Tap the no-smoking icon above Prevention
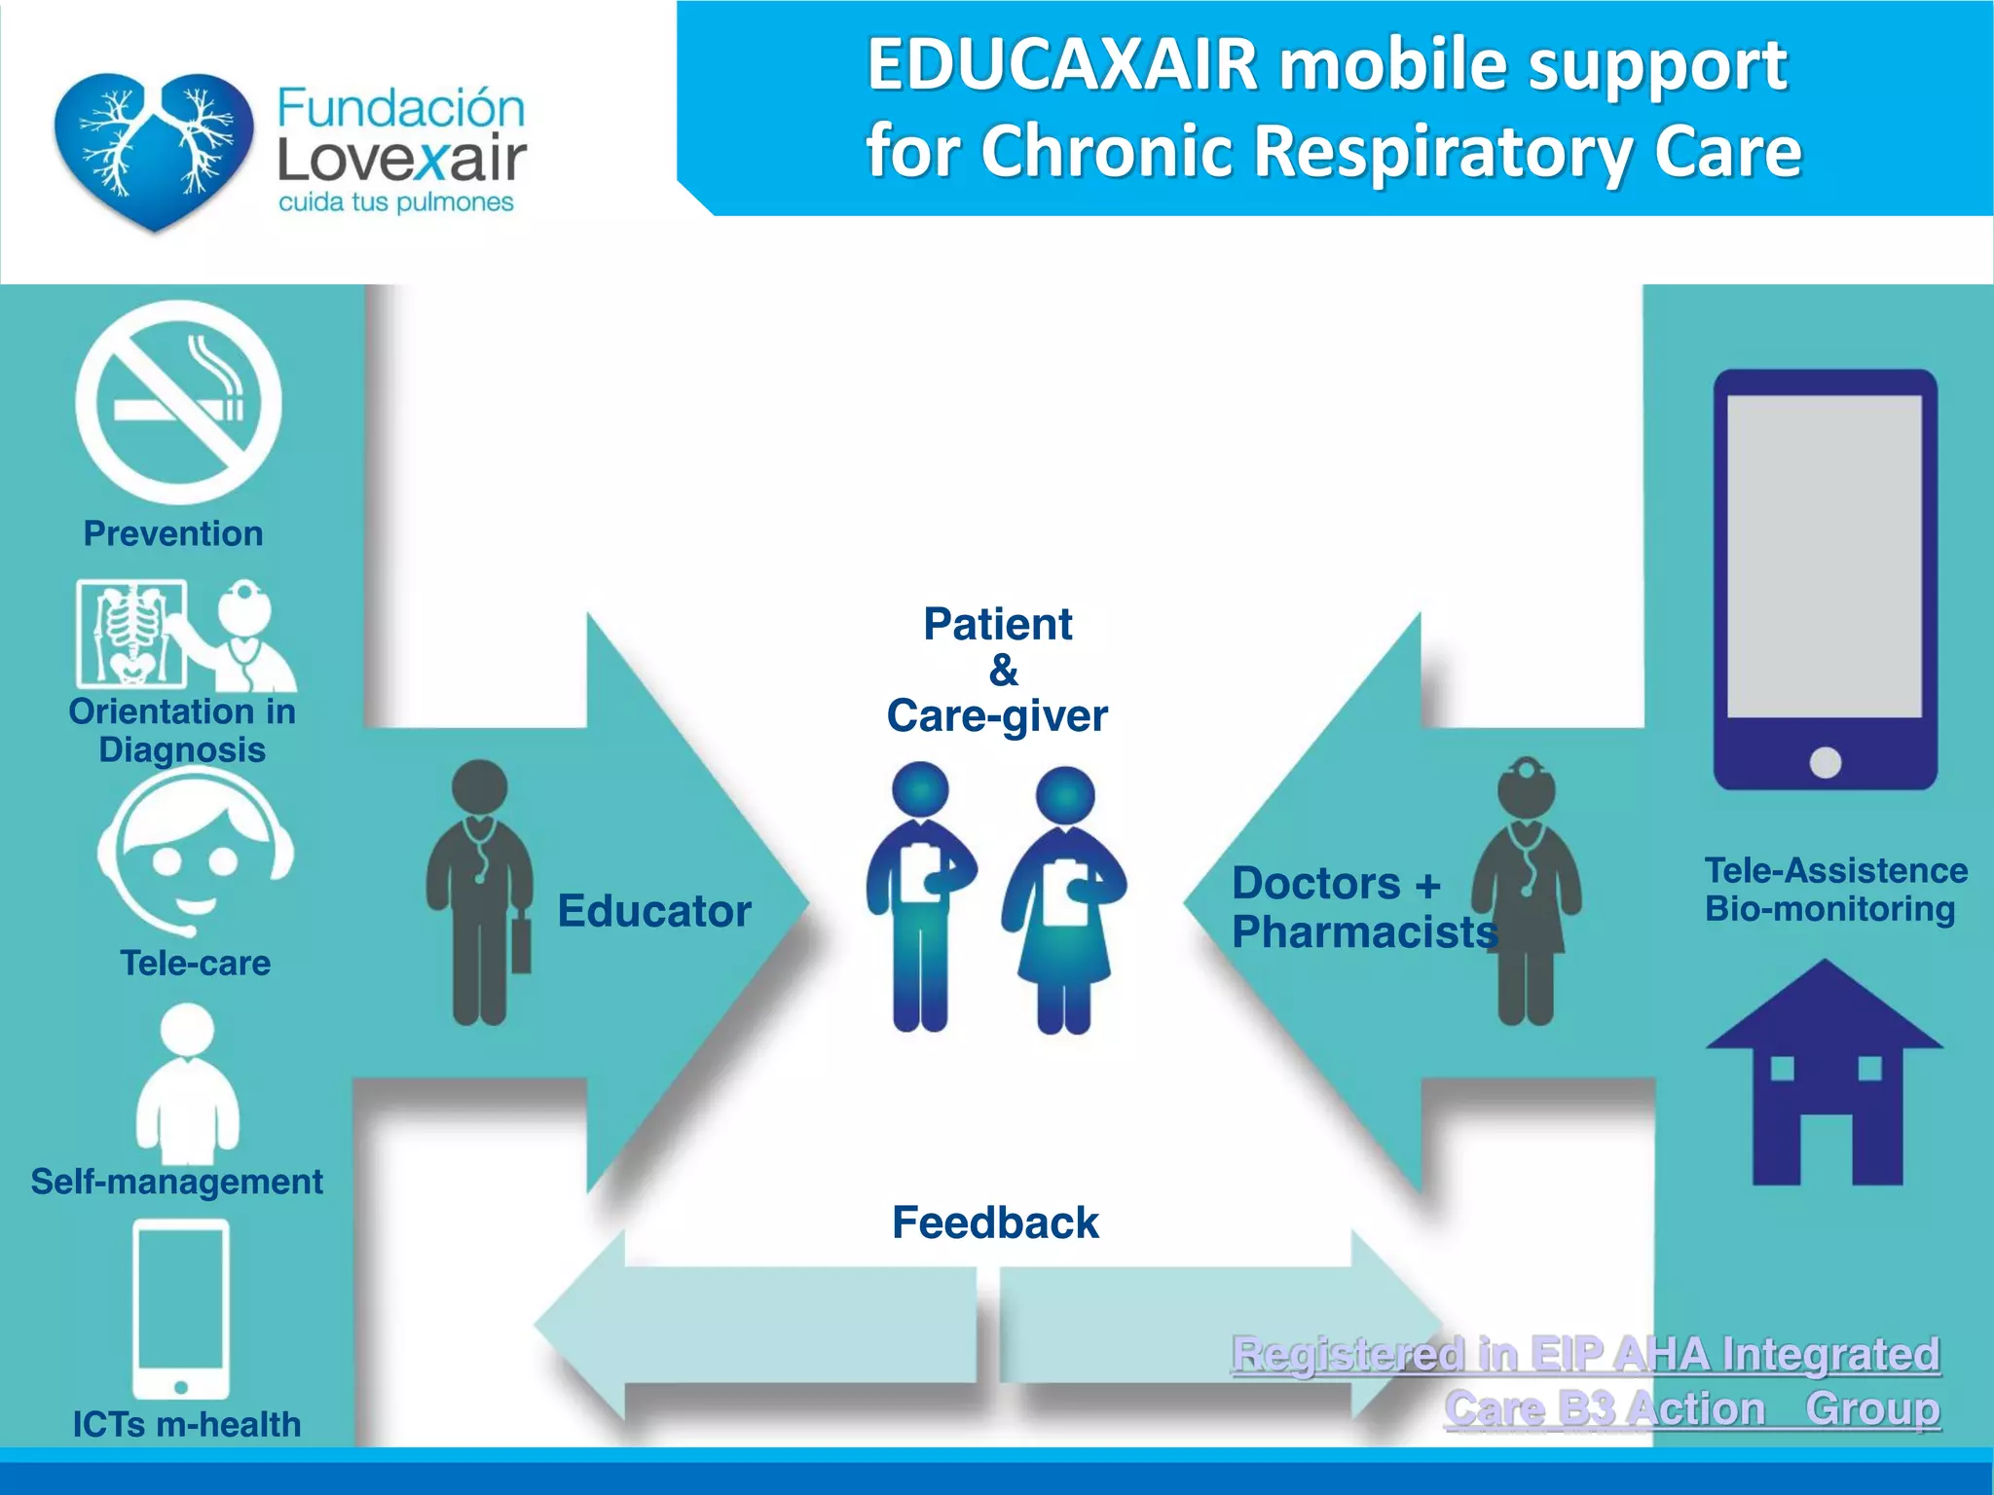178,401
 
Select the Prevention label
173,533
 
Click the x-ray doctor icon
185,634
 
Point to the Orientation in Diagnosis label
182,730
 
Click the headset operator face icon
195,853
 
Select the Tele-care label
195,963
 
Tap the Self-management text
176,1181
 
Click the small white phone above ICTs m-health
181,1308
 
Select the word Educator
654,911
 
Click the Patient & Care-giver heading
998,670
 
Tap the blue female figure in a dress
1064,900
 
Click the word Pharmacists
1363,932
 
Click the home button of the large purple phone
1825,762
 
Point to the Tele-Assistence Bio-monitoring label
1834,889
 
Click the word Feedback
995,1222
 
